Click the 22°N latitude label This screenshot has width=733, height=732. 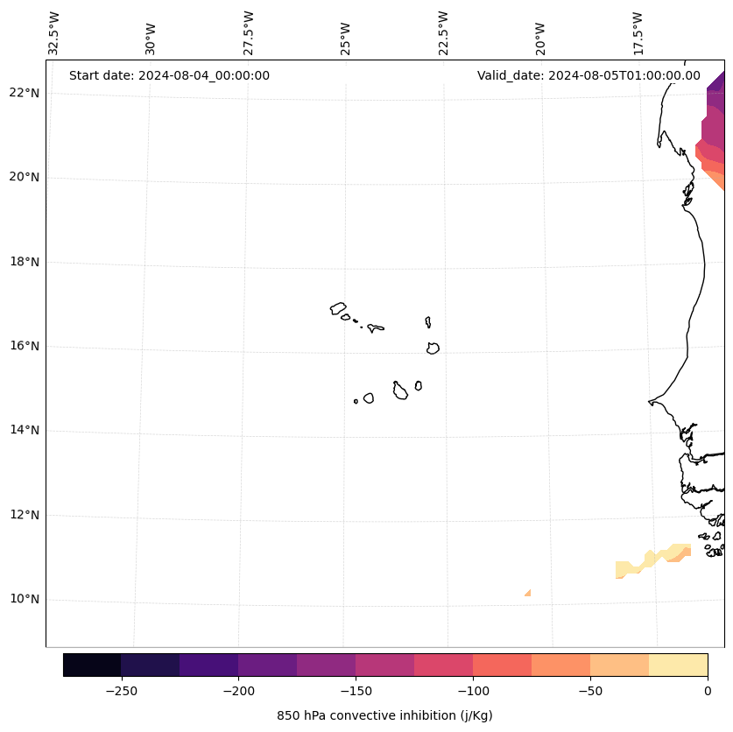pos(24,93)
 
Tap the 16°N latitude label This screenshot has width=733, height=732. pos(24,346)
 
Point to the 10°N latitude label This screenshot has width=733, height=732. pos(24,599)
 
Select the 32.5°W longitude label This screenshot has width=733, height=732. pos(54,33)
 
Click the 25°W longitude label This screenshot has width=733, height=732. pos(346,37)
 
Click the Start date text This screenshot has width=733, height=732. pos(169,75)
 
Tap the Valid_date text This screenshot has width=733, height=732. pos(589,75)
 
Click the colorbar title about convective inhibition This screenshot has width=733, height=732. pos(384,715)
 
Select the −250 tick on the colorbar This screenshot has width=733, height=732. pos(121,691)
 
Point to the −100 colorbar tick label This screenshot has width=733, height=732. pos(473,691)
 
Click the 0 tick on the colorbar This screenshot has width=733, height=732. pos(708,691)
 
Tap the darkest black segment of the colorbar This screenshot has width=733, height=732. pos(92,665)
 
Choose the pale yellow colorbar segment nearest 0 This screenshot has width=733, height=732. pos(678,665)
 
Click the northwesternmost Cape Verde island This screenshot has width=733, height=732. pos(338,308)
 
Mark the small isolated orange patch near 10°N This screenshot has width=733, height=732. pos(528,594)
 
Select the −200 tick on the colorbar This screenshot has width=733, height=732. pos(238,691)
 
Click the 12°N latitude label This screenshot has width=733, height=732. pos(24,515)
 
